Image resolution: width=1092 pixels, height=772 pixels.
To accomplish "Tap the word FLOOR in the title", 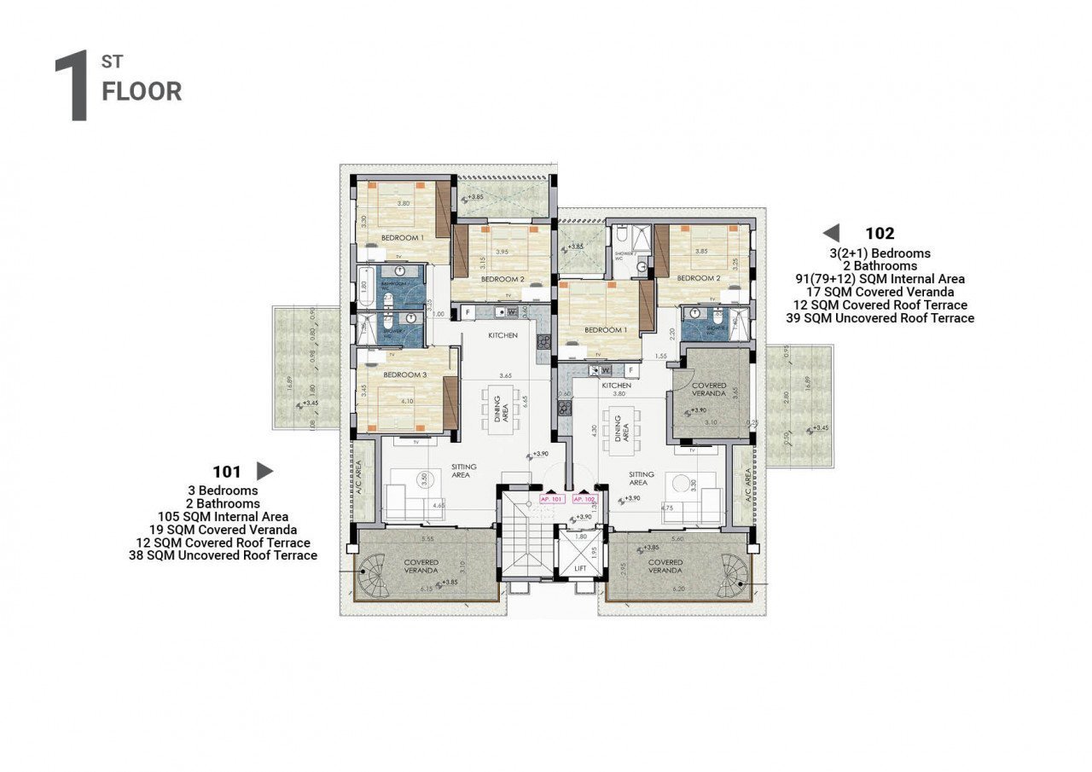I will (x=142, y=92).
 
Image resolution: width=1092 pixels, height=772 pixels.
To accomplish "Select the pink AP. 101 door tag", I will (x=551, y=499).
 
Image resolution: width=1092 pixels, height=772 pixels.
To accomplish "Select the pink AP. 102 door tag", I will (x=584, y=499).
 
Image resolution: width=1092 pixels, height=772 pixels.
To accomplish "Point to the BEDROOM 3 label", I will (x=405, y=375).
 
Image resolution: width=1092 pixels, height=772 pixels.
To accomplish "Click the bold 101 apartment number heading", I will (x=228, y=471).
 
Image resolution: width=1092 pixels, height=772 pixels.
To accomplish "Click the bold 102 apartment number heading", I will (x=880, y=233).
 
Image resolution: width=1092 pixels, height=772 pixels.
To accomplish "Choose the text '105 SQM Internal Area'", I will (x=223, y=516).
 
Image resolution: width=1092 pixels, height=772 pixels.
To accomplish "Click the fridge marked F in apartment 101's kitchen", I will (x=468, y=312).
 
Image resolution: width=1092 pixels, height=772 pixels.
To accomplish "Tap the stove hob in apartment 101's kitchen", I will (x=543, y=343).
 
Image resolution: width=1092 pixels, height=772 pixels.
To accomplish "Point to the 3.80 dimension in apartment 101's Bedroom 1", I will (x=404, y=204).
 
